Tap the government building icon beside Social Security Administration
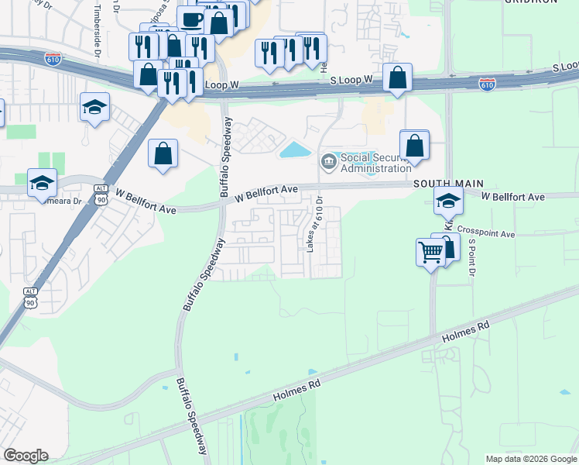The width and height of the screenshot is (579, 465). pos(328,162)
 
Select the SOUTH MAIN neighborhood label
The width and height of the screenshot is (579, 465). pos(447,184)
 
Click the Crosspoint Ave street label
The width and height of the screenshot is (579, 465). pos(485,232)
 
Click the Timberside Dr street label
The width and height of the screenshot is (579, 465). pos(98,32)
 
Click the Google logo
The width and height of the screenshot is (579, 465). pos(26,456)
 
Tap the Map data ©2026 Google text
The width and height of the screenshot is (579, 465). pos(531,459)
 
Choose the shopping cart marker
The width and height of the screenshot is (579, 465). pos(430,251)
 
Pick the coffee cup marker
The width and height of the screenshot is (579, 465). pos(191,19)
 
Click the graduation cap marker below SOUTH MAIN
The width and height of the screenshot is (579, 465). pos(448,201)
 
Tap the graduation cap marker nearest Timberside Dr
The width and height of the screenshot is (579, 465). pos(94,107)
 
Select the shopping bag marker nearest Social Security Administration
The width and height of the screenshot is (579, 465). pos(414,144)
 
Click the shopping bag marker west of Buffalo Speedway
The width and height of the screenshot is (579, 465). pos(163,153)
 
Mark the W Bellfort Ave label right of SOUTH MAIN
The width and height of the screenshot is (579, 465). pos(513,197)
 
